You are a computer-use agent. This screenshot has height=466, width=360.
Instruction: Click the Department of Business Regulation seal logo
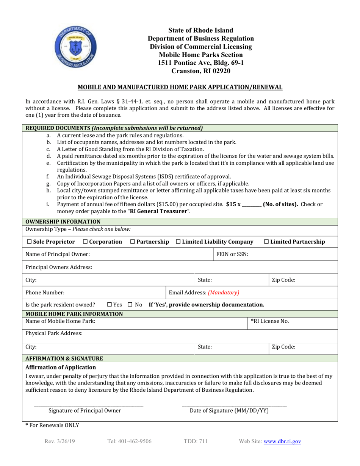76,49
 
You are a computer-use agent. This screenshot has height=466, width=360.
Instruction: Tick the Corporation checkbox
85,242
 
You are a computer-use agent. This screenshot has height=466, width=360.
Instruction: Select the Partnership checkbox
132,242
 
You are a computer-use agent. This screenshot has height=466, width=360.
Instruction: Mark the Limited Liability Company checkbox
178,242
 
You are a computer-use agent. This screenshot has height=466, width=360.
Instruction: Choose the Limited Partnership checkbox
266,242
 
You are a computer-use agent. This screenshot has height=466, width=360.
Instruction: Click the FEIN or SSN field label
232,254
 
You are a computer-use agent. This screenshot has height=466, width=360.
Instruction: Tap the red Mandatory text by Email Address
223,292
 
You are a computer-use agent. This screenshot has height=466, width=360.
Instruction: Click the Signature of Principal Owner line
89,406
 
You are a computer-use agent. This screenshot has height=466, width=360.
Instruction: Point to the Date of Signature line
234,406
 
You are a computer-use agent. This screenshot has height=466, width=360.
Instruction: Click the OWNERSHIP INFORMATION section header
63,222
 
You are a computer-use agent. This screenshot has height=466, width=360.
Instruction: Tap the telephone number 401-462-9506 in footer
129,441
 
